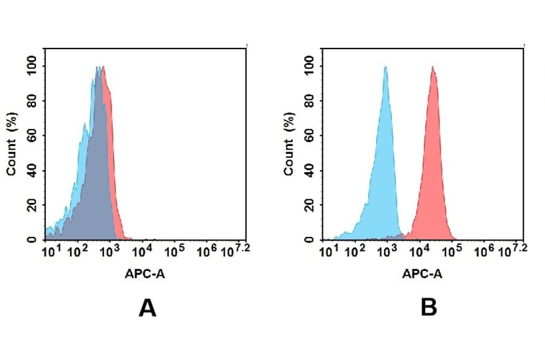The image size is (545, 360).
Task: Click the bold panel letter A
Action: point(147,308)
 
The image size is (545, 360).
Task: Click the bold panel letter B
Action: point(429,308)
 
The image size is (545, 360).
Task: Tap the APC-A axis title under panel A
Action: point(145,273)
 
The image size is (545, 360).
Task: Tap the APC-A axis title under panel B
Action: point(422,273)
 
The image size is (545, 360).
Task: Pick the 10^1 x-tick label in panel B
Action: point(328,250)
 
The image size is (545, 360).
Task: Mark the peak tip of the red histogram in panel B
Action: point(433,67)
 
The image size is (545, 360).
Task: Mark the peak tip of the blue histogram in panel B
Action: point(385,67)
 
